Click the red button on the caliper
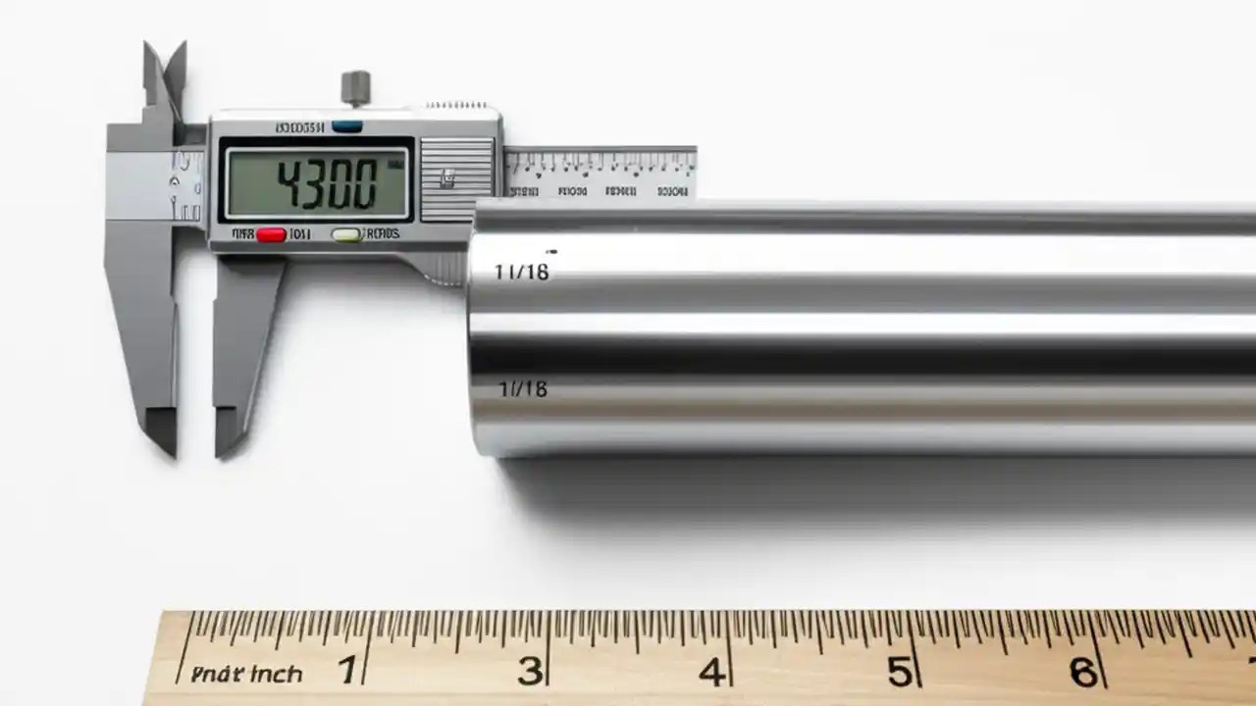tap(271, 234)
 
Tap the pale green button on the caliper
tap(346, 234)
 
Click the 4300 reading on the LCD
tap(326, 183)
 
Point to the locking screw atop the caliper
tap(354, 87)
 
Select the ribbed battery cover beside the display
tap(456, 178)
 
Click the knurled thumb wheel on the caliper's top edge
tap(457, 105)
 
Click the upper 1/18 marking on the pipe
tap(521, 272)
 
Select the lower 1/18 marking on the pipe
tap(522, 389)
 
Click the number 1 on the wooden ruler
tap(346, 672)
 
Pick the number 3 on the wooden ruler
tap(530, 672)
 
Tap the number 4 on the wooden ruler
tap(711, 672)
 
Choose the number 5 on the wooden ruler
tap(899, 672)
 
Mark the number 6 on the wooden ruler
tap(1082, 672)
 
